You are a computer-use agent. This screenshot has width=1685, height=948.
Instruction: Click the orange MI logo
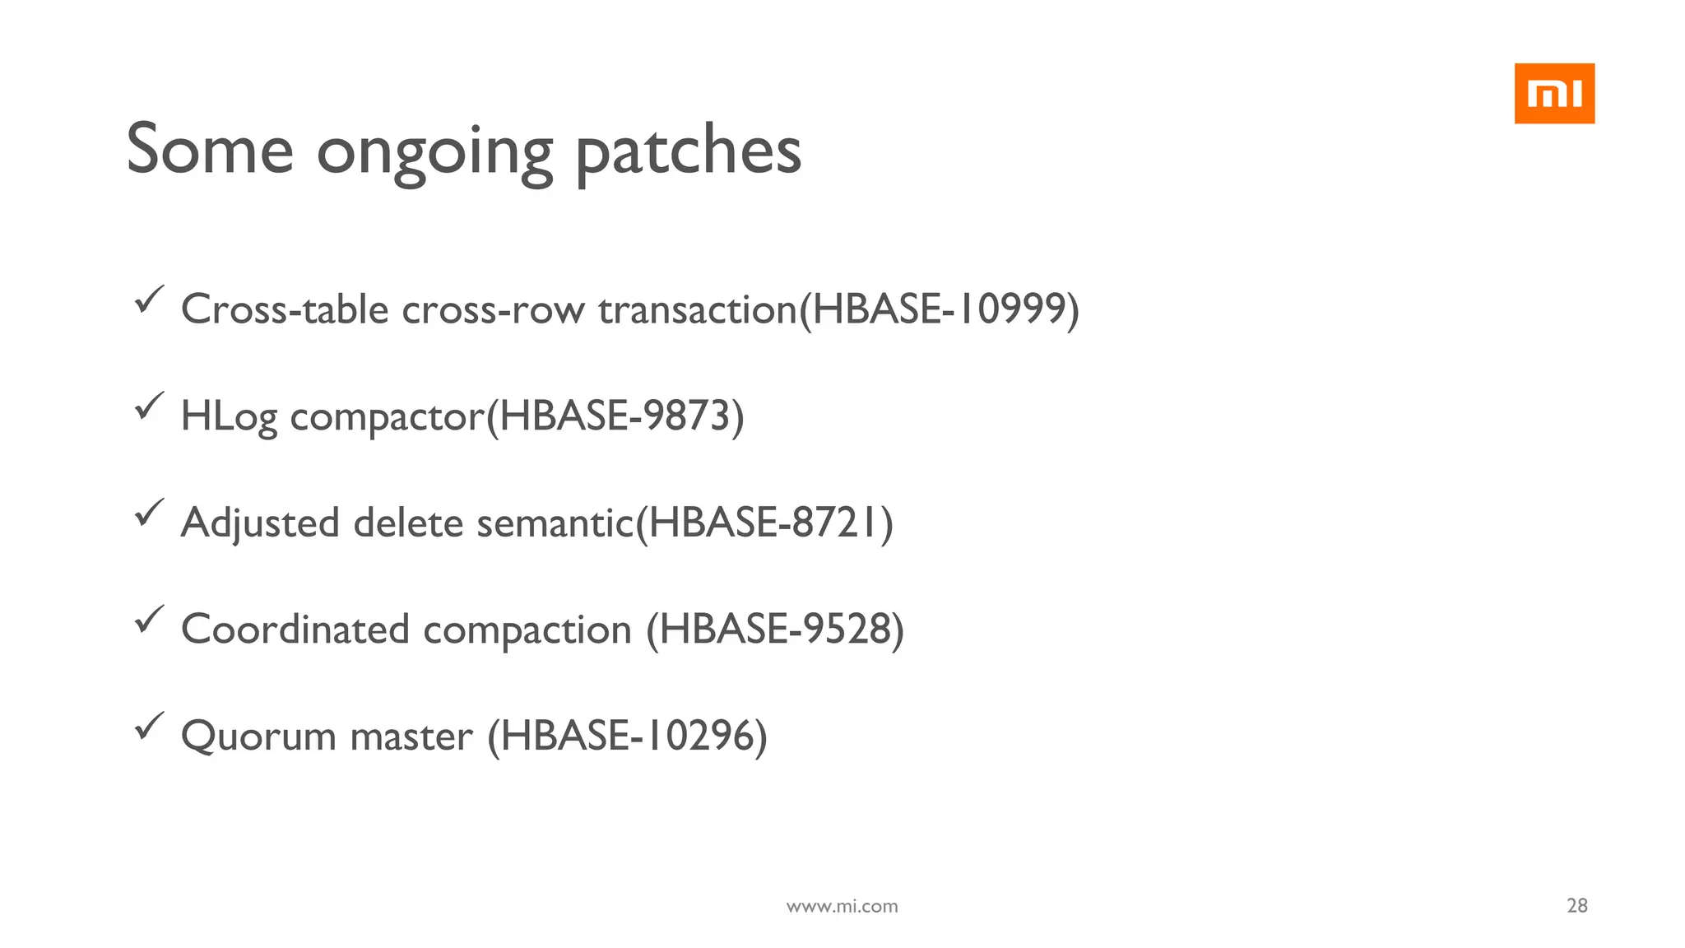[1554, 94]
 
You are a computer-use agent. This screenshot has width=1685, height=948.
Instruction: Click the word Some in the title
[210, 149]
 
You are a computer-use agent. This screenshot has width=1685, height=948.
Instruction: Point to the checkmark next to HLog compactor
[149, 406]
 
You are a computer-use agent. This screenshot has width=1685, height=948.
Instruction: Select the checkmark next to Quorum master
[149, 726]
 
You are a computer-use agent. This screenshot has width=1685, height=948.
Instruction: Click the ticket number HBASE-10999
[939, 309]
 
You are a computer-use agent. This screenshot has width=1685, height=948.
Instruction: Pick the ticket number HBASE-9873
[615, 416]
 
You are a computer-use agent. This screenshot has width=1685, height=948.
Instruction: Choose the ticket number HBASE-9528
[775, 629]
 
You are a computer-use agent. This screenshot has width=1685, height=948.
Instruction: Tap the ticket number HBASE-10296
[627, 736]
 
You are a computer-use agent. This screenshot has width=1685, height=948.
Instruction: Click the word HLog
[229, 416]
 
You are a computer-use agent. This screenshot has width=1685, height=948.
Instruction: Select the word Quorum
[258, 736]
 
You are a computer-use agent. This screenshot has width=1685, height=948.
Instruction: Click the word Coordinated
[295, 630]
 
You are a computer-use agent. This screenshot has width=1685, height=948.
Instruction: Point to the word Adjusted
[260, 523]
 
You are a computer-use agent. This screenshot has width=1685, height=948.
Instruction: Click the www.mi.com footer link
[842, 906]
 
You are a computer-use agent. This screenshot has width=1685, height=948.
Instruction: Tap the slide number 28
[1576, 905]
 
